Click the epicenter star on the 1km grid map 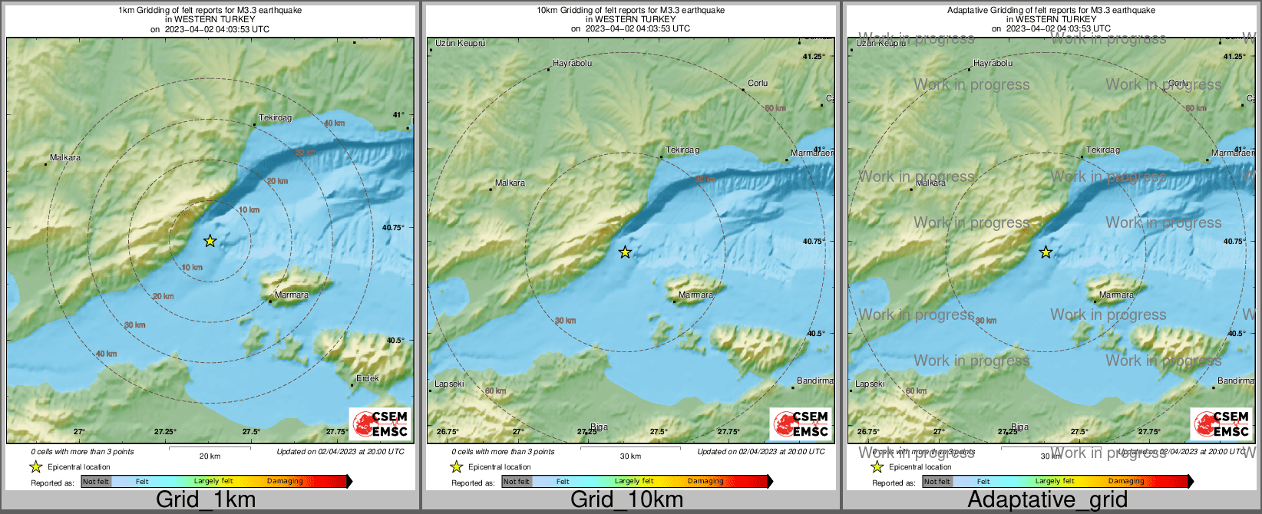tap(210, 241)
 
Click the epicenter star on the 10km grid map tap(626, 252)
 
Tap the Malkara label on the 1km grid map tap(65, 158)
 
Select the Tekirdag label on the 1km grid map tap(276, 118)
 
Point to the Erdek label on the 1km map tap(368, 378)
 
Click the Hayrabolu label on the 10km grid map tap(573, 64)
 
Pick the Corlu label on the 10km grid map tap(758, 83)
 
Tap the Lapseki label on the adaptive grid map tap(870, 384)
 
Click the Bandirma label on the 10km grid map tap(814, 381)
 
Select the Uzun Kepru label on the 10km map tap(461, 44)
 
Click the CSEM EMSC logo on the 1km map tap(380, 423)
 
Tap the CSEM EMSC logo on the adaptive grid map tap(1221, 423)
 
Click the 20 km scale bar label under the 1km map tap(210, 456)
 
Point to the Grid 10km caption tap(626, 500)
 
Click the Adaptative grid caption tap(1047, 500)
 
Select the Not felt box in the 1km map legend tap(96, 482)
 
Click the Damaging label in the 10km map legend tap(705, 482)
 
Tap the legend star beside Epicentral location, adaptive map tap(877, 466)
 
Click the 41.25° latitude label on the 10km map tap(814, 57)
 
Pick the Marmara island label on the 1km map tap(292, 295)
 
